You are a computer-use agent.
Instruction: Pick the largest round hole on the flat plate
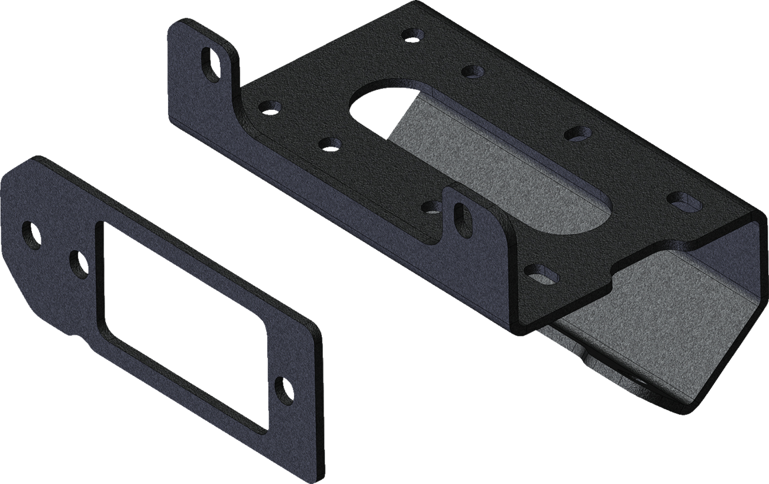(x=31, y=235)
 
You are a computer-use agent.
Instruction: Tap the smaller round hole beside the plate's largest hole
(x=78, y=264)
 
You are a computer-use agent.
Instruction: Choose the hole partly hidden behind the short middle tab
(x=434, y=206)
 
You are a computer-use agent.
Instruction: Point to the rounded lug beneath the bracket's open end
(x=627, y=384)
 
